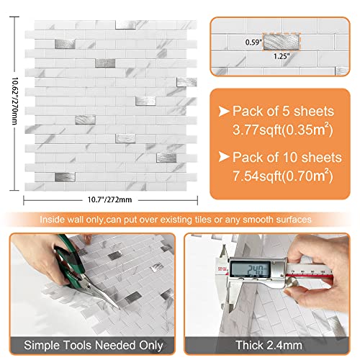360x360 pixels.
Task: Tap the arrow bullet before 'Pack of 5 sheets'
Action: (x=223, y=112)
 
